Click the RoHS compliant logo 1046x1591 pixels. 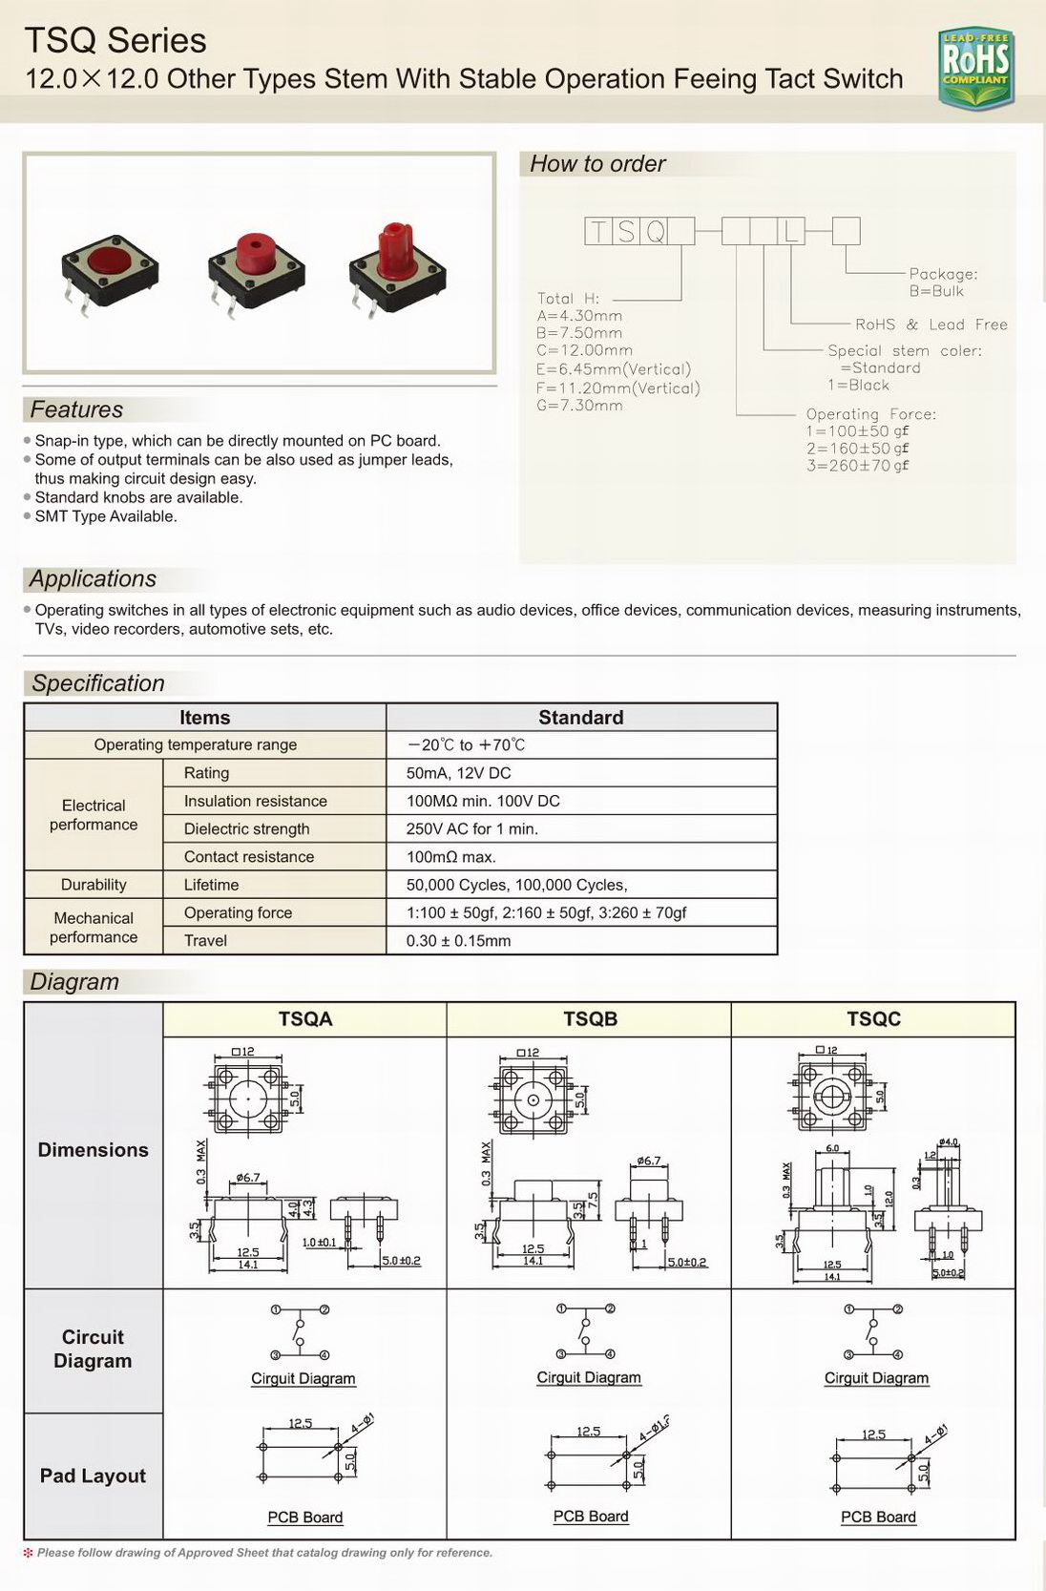(975, 67)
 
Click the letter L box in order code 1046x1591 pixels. (791, 231)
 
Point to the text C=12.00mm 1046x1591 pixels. (584, 350)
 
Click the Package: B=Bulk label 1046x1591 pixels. (941, 283)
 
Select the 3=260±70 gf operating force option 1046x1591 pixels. (857, 466)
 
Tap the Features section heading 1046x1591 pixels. (76, 409)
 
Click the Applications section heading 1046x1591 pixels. (93, 578)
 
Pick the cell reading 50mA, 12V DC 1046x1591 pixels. (458, 773)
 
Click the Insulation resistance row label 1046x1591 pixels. (255, 801)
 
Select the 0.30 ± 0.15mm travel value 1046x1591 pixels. (458, 940)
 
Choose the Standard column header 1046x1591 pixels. (580, 718)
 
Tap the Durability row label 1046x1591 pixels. (94, 885)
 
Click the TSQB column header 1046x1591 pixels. (590, 1018)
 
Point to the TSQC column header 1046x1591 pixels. (873, 1018)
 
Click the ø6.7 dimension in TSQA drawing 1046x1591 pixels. (248, 1178)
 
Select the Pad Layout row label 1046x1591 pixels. (93, 1476)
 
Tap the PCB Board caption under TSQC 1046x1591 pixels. (878, 1517)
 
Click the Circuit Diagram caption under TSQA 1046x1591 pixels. (303, 1378)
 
